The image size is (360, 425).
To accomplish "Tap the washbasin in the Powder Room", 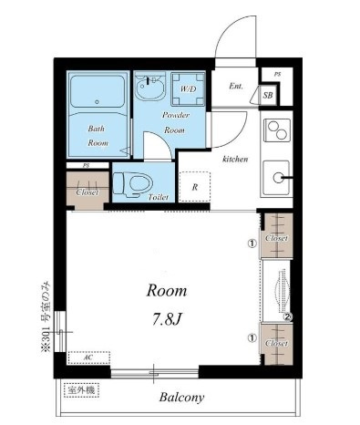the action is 149,86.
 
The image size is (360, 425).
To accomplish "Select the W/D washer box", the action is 188,88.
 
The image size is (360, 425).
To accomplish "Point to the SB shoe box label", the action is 268,96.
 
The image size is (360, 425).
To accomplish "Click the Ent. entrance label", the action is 236,86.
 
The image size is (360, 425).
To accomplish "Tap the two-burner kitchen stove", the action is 277,130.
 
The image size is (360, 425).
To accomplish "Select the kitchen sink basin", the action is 276,178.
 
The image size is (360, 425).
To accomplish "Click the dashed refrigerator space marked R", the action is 194,187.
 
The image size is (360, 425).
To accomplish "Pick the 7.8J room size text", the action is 167,319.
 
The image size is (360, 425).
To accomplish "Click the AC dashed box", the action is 88,358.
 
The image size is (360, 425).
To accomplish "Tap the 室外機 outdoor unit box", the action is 82,390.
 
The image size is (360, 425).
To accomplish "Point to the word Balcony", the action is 182,398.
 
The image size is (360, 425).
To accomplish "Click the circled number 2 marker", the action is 288,317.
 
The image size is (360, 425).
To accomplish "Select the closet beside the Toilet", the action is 87,191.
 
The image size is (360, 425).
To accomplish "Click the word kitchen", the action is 235,159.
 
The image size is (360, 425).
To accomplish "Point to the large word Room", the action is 167,291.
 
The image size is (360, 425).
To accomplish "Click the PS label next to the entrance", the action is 277,74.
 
